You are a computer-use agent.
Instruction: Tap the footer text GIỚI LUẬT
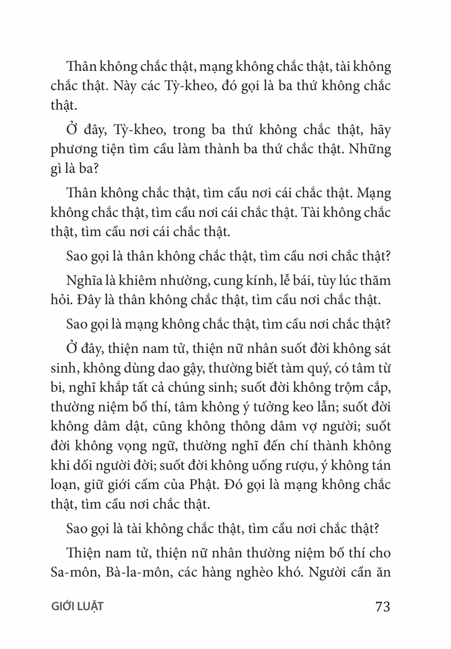click(77, 607)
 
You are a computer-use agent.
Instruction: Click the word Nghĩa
click(82, 281)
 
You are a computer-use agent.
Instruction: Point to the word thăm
click(374, 281)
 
